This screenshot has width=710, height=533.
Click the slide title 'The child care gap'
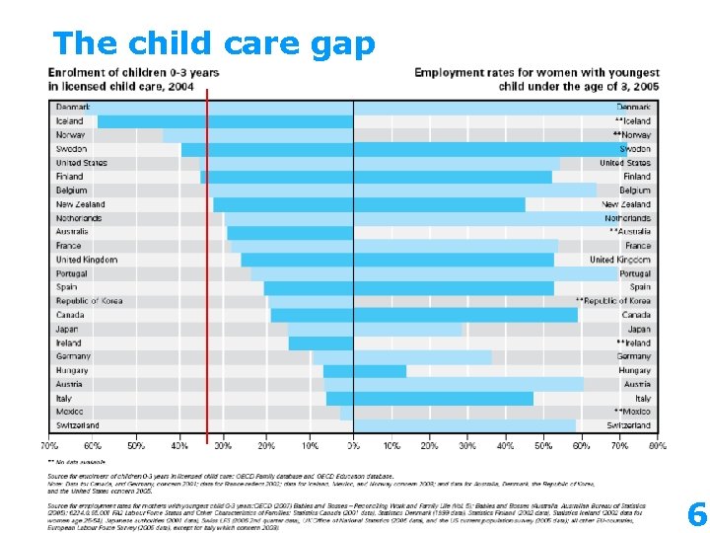click(214, 43)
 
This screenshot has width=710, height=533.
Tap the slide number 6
click(696, 514)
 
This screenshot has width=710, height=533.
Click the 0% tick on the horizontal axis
click(353, 445)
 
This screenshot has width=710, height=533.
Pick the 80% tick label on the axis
click(658, 445)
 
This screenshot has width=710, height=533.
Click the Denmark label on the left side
click(73, 107)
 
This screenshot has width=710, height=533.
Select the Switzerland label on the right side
click(629, 425)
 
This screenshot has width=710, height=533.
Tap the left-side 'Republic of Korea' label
click(89, 301)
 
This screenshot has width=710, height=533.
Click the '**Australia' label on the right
click(630, 232)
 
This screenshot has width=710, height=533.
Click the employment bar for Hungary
click(380, 371)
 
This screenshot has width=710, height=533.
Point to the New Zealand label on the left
click(80, 204)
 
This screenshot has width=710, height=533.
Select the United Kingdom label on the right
click(620, 260)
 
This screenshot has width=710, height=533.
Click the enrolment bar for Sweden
click(266, 149)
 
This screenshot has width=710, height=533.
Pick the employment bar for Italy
click(443, 399)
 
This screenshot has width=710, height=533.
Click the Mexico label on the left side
click(69, 412)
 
